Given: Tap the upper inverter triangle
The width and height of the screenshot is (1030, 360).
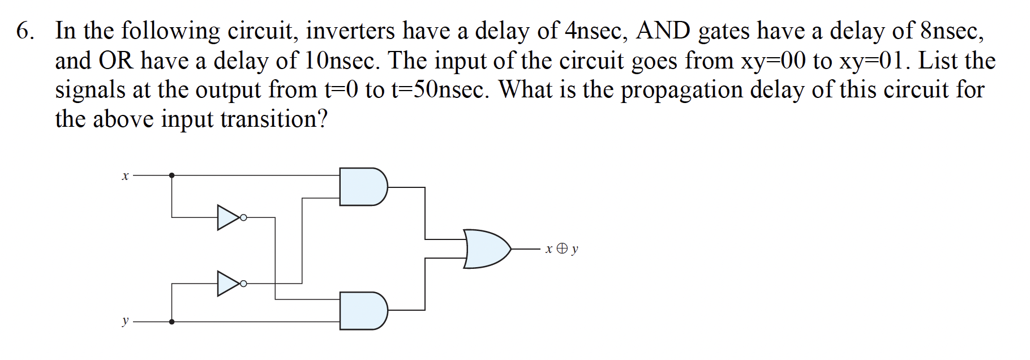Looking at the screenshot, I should tap(229, 217).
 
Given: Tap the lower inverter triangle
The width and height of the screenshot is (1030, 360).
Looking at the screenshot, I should tap(229, 284).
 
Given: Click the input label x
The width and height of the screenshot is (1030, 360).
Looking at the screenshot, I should tap(125, 176).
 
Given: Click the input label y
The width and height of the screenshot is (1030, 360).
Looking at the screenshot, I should tap(125, 322).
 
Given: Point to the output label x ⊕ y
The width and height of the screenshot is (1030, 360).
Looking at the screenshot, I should tap(561, 248).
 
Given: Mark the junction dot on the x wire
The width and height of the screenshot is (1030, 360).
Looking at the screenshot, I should tap(172, 175).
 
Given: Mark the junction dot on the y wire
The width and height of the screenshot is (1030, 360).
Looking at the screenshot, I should tap(172, 322).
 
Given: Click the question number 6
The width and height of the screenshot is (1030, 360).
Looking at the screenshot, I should tap(24, 31).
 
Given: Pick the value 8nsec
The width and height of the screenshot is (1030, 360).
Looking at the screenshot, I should tap(952, 31).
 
